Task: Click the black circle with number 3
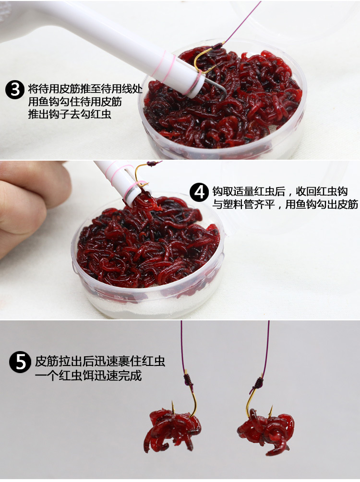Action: (x=14, y=90)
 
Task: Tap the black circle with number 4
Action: (x=199, y=193)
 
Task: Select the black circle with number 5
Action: (x=19, y=362)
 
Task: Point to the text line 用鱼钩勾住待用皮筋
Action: (x=75, y=102)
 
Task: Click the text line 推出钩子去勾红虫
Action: (x=70, y=115)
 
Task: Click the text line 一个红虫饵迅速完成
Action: (x=88, y=375)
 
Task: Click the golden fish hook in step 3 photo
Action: (x=204, y=60)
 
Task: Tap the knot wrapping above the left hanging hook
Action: (x=188, y=382)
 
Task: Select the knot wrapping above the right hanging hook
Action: (x=258, y=383)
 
